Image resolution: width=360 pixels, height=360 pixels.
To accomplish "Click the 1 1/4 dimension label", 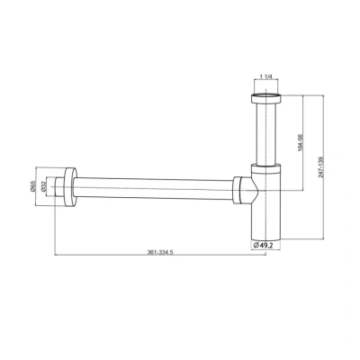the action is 265,76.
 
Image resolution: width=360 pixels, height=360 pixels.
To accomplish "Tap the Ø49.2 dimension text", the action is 263,246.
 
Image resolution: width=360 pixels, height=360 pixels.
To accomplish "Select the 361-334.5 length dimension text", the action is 160,252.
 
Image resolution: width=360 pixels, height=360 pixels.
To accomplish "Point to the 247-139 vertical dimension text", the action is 320,167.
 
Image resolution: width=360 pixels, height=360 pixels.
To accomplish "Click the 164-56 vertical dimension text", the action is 301,142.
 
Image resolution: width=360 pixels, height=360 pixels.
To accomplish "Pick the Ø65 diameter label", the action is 32,186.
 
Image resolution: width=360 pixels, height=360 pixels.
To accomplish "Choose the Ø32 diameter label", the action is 43,186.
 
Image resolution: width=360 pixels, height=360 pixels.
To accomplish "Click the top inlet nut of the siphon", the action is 265,99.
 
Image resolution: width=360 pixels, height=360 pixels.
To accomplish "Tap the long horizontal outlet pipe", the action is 153,188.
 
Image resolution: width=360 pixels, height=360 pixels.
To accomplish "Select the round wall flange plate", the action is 70,187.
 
